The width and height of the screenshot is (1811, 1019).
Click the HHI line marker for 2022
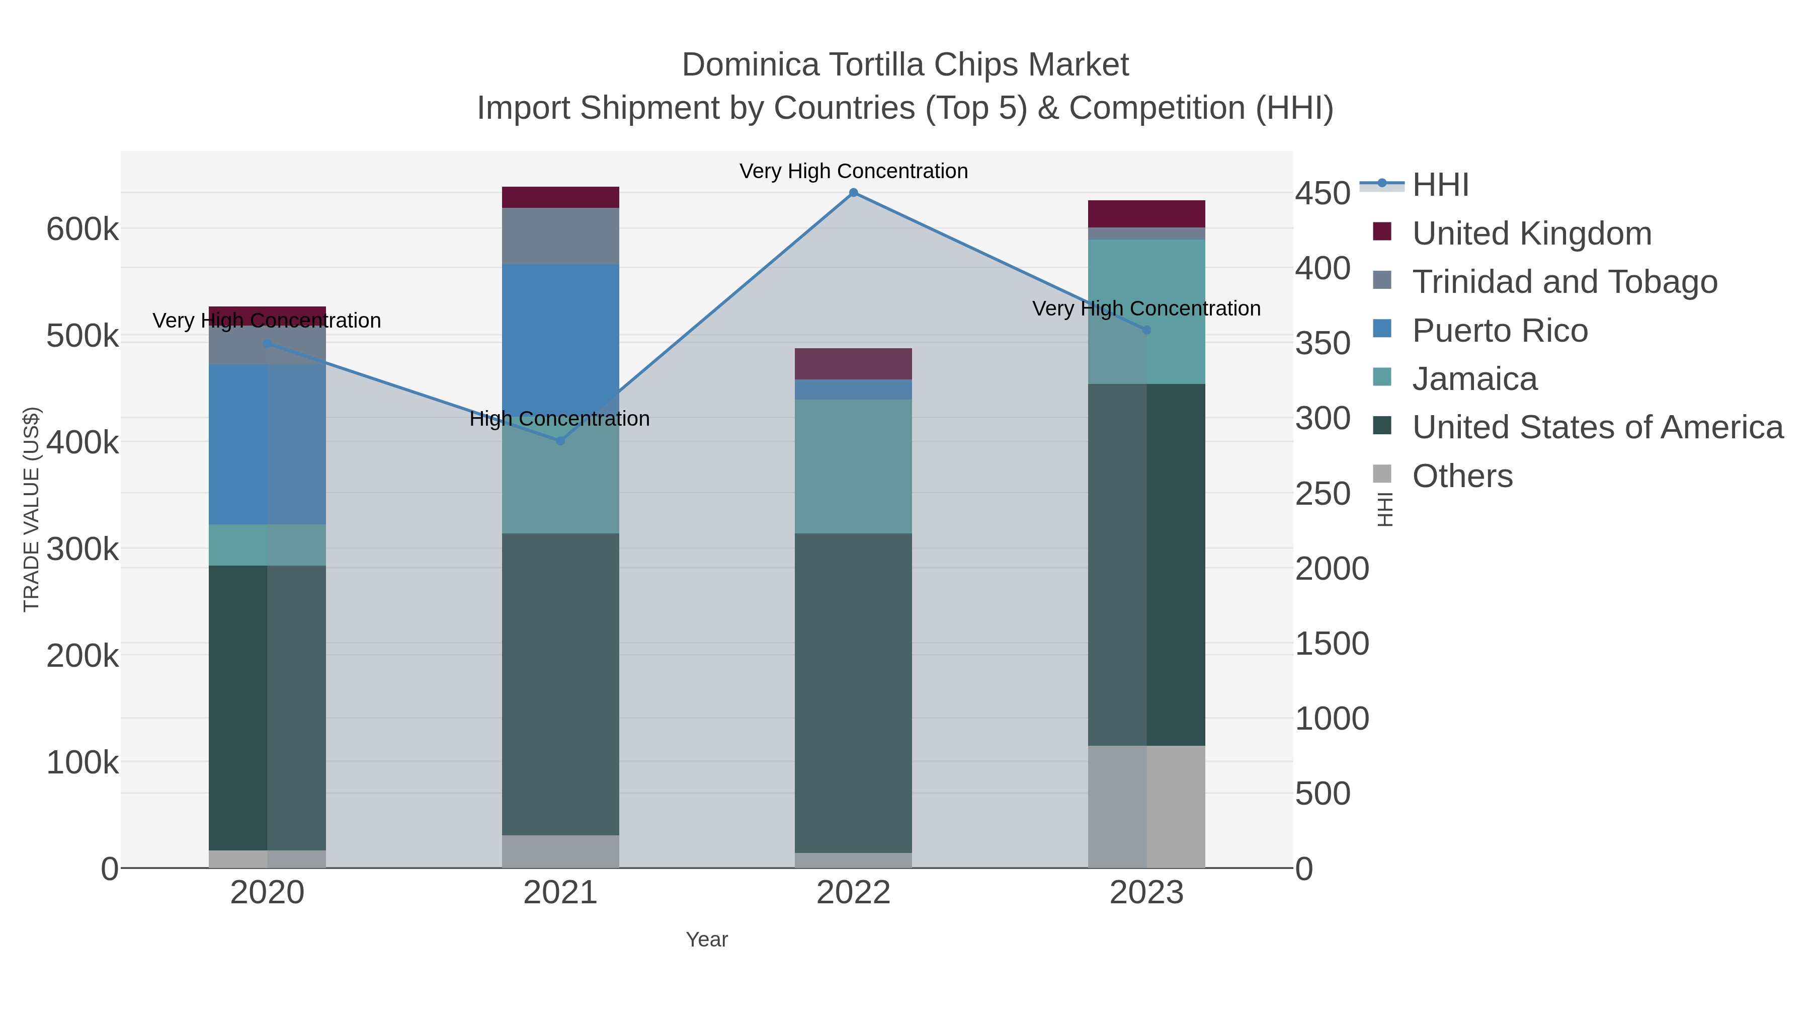point(854,193)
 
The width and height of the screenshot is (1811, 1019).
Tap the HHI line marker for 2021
point(560,441)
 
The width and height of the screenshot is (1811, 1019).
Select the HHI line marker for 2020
point(267,343)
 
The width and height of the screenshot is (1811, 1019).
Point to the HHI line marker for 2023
point(1146,330)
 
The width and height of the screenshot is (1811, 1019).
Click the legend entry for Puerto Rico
point(1500,331)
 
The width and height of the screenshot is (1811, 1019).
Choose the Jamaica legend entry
point(1474,379)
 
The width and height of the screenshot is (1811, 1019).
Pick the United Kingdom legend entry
point(1531,233)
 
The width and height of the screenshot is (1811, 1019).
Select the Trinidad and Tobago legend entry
point(1564,282)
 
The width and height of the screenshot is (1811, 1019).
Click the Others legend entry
point(1461,476)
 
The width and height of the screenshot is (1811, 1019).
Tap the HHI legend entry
point(1440,185)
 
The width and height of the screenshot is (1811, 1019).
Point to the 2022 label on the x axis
point(854,893)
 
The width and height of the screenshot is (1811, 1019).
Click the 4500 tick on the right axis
point(1323,193)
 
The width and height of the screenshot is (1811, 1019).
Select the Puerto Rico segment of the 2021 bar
point(560,331)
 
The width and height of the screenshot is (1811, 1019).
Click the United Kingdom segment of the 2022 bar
point(854,364)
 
